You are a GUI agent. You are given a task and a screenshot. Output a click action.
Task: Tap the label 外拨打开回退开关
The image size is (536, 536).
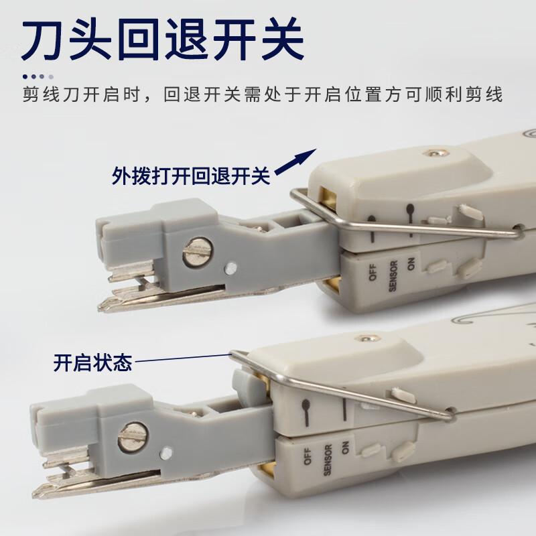(x=191, y=176)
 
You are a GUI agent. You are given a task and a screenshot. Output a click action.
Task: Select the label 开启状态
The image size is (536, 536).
(x=92, y=363)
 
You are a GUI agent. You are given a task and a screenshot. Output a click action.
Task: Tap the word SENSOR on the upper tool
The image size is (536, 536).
(x=393, y=277)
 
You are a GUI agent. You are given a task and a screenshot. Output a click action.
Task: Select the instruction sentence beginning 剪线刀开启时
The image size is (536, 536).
(x=262, y=94)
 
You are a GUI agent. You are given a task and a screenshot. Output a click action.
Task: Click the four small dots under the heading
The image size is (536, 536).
(x=38, y=76)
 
